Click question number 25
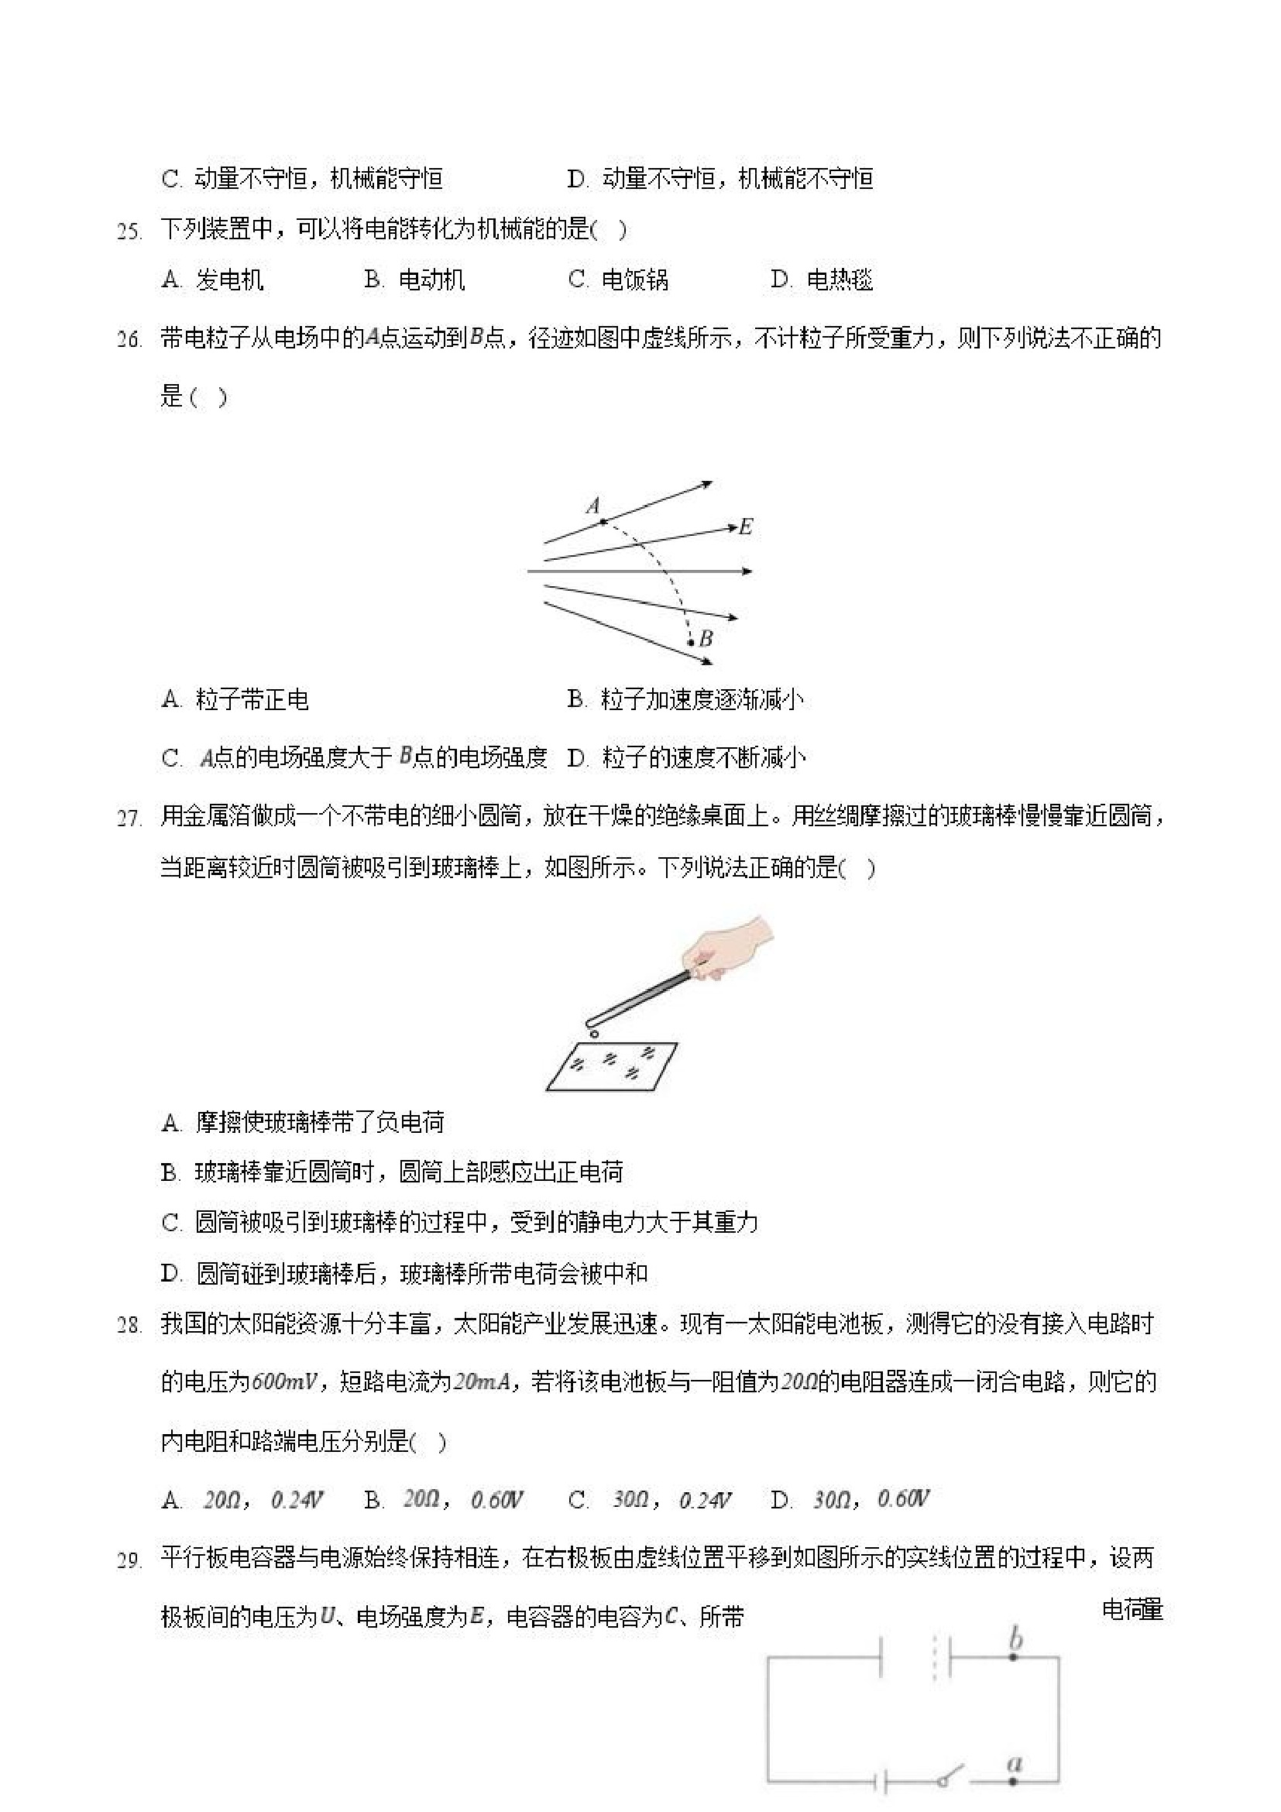click(129, 232)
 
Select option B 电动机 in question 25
click(414, 280)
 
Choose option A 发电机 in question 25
click(212, 280)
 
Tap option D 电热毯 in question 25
click(822, 280)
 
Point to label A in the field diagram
click(593, 505)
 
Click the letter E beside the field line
click(746, 527)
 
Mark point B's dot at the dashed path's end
click(690, 643)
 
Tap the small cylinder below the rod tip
click(592, 1033)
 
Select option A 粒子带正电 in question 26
click(235, 699)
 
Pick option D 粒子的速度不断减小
click(687, 757)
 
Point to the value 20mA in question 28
click(482, 1381)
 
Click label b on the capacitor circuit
click(1016, 1639)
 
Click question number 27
click(129, 818)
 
